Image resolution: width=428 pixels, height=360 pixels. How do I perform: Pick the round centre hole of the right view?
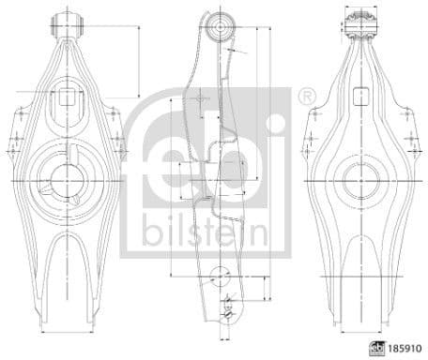pos(361,178)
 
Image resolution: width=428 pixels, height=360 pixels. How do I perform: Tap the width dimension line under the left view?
pos(68,341)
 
